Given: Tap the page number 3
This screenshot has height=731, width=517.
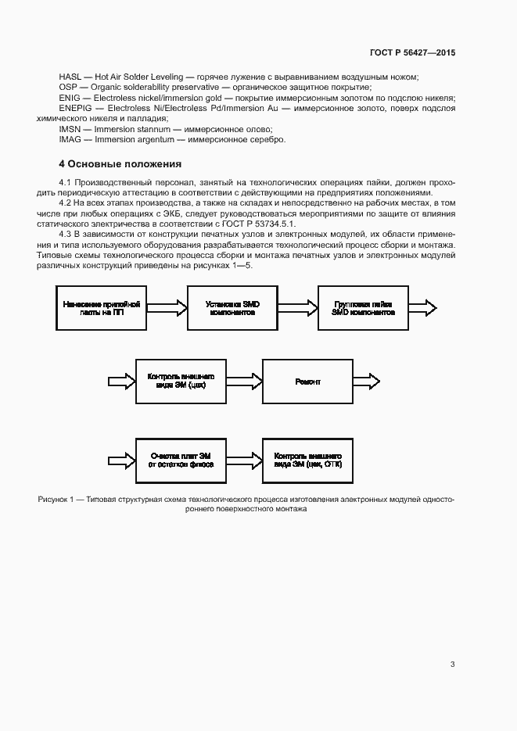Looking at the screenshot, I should (x=453, y=665).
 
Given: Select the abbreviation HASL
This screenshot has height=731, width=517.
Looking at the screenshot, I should (x=70, y=77).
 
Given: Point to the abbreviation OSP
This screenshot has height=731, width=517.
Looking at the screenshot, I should (x=67, y=87).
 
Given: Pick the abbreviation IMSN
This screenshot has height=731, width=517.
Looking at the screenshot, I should (x=70, y=129).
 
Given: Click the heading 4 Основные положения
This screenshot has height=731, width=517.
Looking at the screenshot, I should (x=120, y=164).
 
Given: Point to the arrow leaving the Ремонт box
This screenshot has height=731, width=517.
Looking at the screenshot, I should (x=367, y=382).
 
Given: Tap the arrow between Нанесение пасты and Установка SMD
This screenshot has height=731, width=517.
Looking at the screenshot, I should (x=165, y=306).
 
